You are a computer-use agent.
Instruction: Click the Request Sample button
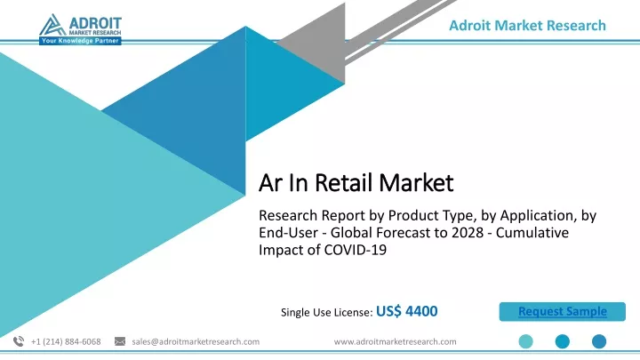(x=562, y=311)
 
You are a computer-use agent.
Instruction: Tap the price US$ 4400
(x=406, y=311)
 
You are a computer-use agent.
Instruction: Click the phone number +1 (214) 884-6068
(x=66, y=341)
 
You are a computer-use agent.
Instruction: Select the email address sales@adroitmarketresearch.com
(x=196, y=341)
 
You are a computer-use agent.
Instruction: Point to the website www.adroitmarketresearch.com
(x=395, y=341)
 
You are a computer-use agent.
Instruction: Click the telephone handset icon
(x=19, y=341)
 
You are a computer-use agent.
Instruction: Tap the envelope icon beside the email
(x=120, y=341)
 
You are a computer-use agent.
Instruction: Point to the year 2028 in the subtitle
(x=469, y=232)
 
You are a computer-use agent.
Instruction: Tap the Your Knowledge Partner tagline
(x=80, y=41)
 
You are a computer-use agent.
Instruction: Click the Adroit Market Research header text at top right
(x=527, y=25)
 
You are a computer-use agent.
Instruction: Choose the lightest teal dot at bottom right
(x=525, y=341)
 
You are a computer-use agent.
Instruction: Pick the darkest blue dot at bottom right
(x=599, y=341)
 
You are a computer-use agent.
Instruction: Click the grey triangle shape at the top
(x=323, y=45)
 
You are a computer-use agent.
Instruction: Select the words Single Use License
(x=325, y=312)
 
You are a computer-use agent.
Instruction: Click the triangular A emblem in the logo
(x=52, y=25)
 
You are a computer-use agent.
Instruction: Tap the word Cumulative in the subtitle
(x=532, y=232)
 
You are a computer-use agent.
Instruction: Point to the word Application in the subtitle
(x=539, y=215)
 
